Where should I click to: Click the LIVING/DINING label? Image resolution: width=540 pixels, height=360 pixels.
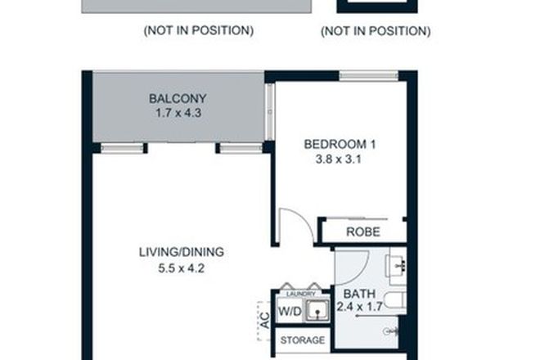181,251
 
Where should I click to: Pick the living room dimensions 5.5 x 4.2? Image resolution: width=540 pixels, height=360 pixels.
181,267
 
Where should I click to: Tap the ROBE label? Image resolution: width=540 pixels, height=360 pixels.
362,232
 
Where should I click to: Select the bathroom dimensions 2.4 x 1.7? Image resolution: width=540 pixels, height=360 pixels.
360,308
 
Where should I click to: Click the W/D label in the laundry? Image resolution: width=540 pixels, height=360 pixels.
289,311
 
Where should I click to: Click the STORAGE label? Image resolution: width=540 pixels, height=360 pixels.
303,340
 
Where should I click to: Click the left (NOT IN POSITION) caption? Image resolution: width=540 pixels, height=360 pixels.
198,31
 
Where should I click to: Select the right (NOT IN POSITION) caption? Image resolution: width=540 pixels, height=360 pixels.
376,31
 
